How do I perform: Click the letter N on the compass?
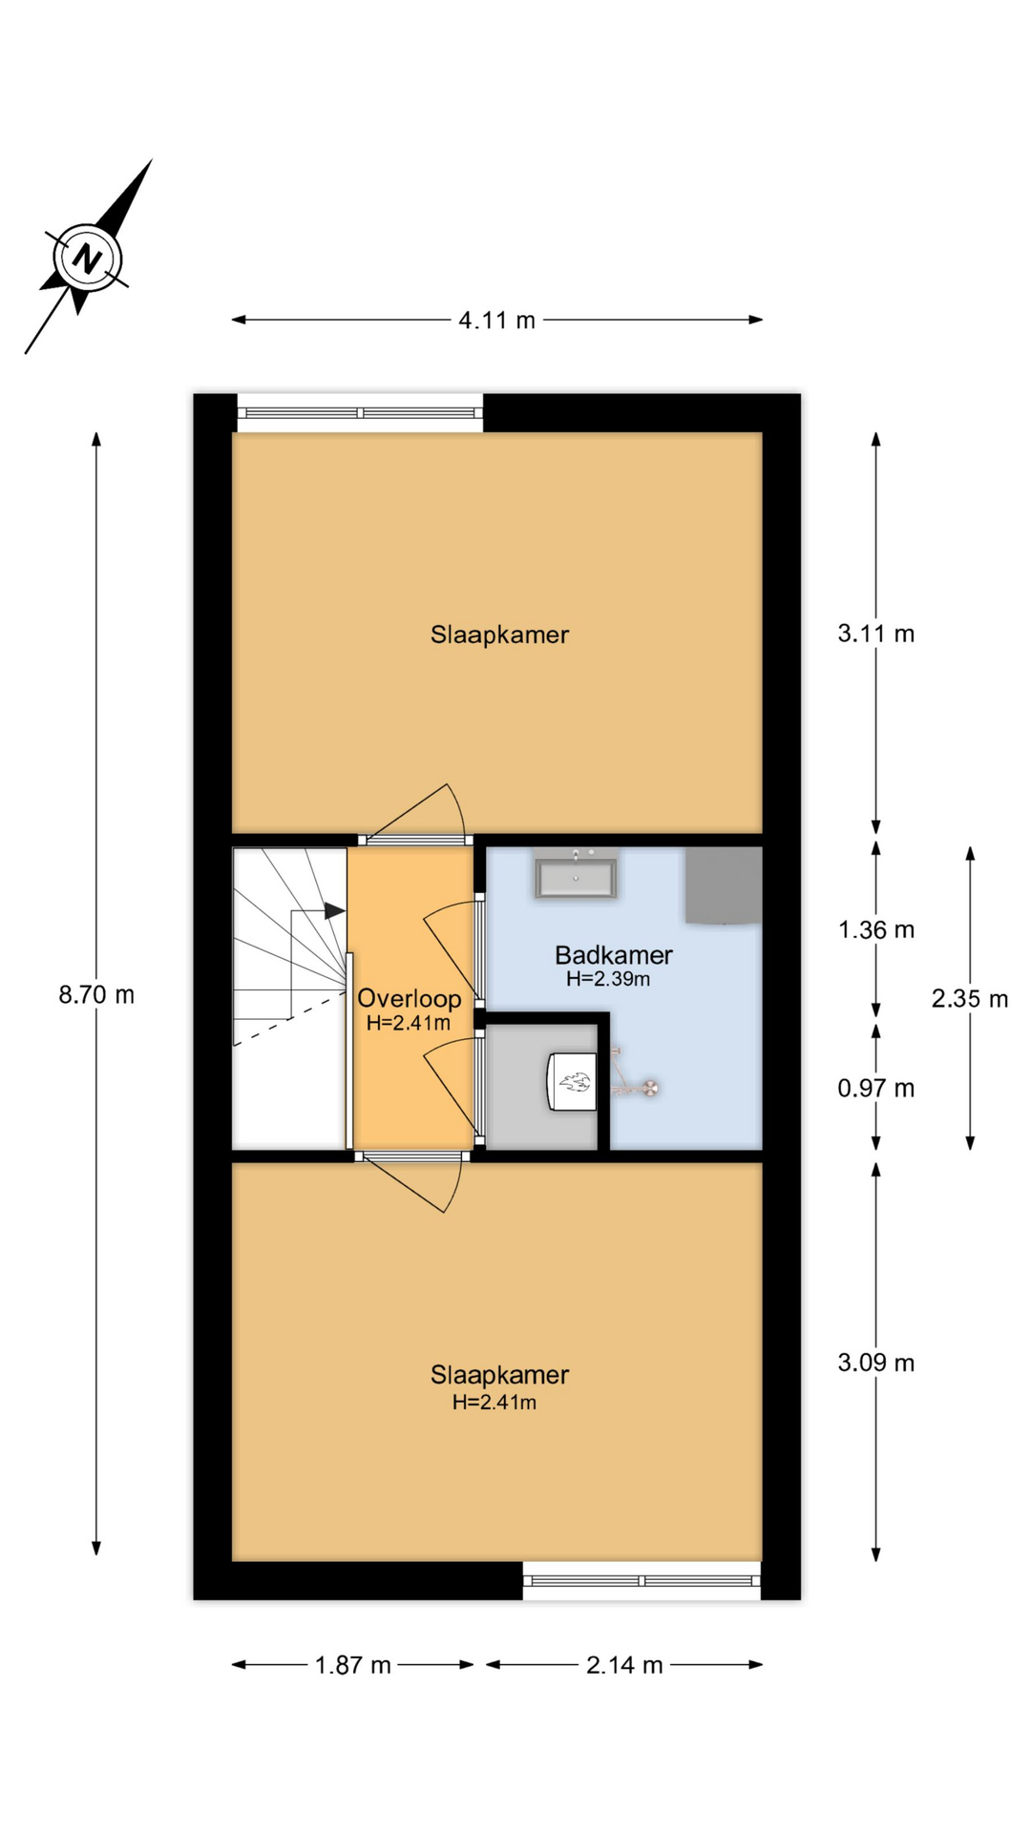88,259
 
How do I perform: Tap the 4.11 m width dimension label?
496,321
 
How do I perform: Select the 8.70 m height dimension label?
96,995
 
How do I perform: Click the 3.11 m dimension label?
876,634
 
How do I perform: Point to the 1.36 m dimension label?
876,929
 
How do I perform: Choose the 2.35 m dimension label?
970,999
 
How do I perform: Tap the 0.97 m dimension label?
876,1089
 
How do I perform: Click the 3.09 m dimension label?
876,1363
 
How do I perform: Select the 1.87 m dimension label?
353,1665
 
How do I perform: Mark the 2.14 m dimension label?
624,1665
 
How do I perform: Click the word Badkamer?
614,955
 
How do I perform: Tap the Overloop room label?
410,999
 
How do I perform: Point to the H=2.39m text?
608,979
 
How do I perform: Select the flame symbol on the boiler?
576,1082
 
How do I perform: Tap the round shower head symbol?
650,1087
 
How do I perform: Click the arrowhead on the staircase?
334,911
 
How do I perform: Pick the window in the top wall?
360,413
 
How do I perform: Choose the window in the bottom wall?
642,1581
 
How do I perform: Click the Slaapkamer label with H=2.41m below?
499,1375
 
